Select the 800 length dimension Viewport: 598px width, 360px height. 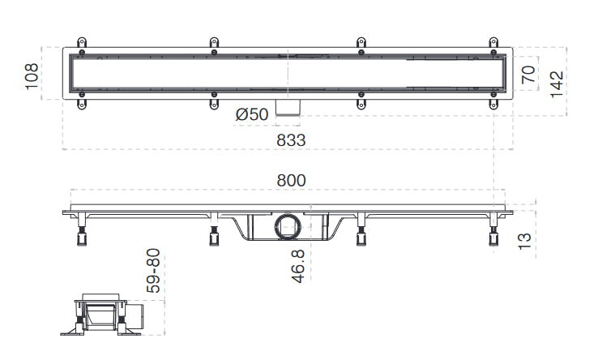pos(291,182)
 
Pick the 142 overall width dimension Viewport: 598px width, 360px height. pos(557,84)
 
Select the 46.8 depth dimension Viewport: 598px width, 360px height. pos(297,266)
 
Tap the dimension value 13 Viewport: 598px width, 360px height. pos(524,241)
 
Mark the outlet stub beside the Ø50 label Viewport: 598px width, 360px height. pos(288,107)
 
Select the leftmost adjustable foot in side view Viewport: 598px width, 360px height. pos(82,238)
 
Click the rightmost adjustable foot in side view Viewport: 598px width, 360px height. pos(493,238)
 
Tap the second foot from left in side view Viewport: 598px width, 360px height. pos(214,238)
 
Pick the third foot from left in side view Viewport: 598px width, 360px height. pos(360,238)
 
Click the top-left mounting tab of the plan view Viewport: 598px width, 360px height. pos(80,42)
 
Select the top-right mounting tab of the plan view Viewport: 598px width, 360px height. pos(493,42)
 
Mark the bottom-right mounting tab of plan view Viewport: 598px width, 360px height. pos(493,102)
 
